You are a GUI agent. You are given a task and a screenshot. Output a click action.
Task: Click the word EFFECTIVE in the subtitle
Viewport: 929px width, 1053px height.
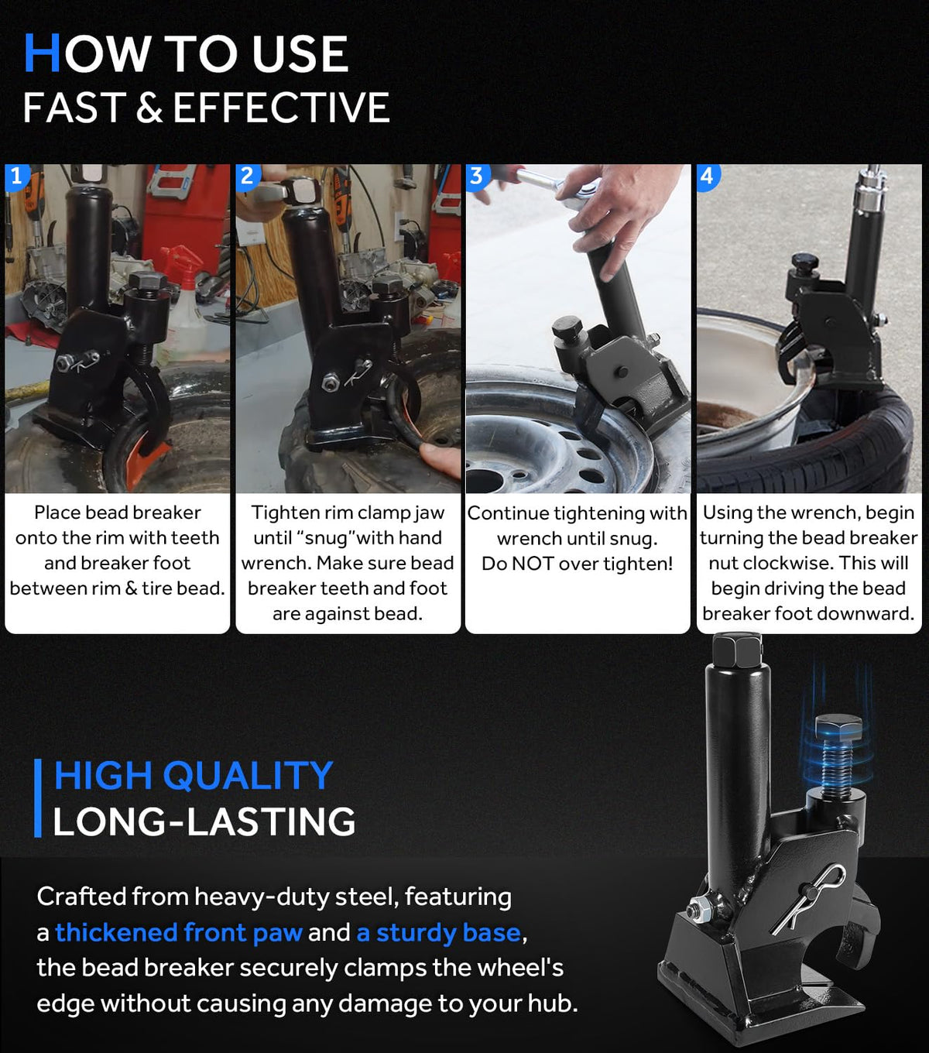[x=281, y=108]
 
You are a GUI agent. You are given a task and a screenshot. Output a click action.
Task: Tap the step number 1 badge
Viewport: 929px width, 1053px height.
[x=16, y=177]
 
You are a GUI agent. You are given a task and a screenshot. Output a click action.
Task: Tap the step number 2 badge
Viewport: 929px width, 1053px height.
[x=248, y=177]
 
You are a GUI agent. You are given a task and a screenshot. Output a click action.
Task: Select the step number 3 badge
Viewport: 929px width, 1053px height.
[x=477, y=177]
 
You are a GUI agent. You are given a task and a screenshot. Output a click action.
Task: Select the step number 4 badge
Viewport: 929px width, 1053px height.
[x=708, y=177]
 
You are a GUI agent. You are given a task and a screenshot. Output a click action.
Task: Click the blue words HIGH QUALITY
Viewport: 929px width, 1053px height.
[x=194, y=776]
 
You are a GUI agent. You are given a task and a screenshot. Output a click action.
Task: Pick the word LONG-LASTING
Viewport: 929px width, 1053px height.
[x=204, y=822]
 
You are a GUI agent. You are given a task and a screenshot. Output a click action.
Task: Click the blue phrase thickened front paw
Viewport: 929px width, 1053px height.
[x=179, y=932]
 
